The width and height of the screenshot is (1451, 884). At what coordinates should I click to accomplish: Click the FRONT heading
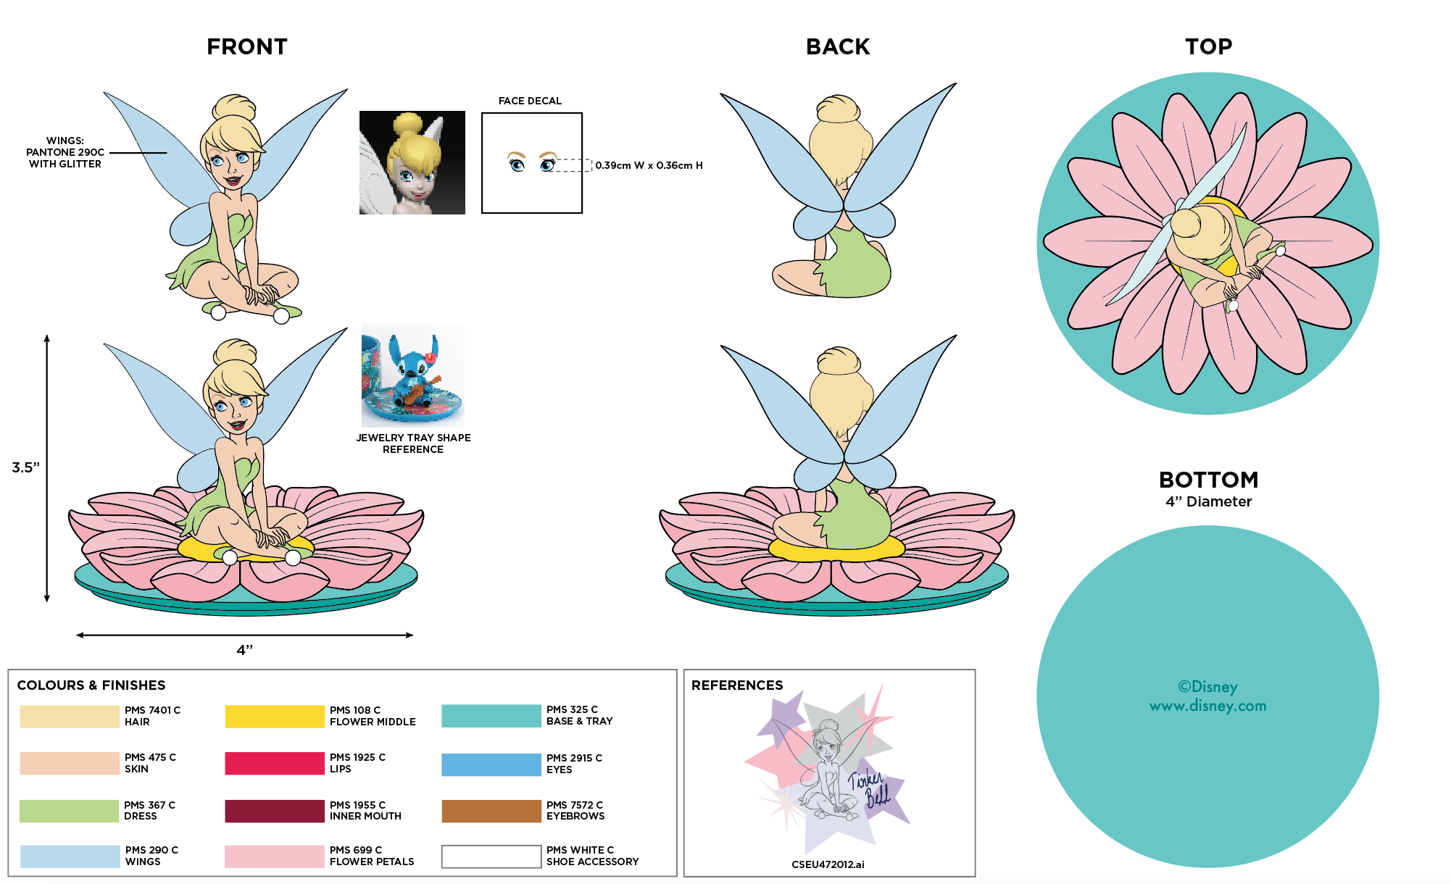click(x=247, y=47)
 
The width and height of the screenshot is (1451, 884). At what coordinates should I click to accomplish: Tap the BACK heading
click(x=838, y=47)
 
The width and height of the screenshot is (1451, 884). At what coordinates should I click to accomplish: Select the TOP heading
click(x=1208, y=47)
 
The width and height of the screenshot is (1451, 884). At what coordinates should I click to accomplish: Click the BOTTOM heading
click(x=1208, y=480)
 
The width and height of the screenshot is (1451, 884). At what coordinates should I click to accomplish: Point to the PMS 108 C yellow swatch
click(x=275, y=717)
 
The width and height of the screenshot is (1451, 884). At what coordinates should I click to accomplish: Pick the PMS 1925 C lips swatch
click(x=275, y=764)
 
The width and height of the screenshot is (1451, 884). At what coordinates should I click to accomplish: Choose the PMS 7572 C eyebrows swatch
click(x=491, y=811)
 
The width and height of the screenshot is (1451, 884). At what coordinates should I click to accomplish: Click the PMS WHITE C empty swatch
click(x=491, y=856)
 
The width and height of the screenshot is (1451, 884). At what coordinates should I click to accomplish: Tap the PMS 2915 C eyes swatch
click(x=491, y=764)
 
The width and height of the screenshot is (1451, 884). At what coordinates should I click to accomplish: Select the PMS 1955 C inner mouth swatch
click(x=275, y=811)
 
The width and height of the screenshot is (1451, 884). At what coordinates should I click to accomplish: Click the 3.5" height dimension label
click(x=25, y=467)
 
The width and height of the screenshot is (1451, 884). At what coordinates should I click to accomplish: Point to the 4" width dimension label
click(x=245, y=650)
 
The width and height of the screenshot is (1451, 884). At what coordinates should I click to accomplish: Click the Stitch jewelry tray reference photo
click(x=413, y=375)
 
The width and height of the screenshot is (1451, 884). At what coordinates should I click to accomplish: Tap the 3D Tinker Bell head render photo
click(x=412, y=162)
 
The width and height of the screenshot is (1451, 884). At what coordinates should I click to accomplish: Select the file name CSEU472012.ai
click(x=828, y=864)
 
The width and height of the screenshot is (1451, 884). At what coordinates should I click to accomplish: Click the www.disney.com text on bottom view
click(x=1207, y=706)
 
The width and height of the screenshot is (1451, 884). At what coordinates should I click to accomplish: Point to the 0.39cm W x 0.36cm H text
click(x=649, y=166)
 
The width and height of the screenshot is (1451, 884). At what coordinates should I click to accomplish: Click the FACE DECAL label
click(x=530, y=101)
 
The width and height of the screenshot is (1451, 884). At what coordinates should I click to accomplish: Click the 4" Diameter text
click(x=1208, y=501)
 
